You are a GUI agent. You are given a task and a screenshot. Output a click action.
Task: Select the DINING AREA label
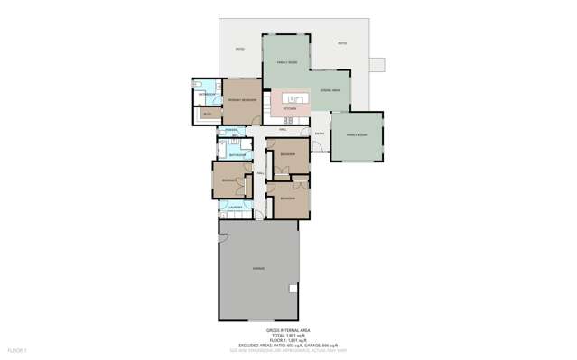coord(329,91)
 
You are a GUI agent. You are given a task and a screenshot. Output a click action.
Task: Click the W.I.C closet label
coord(207,114)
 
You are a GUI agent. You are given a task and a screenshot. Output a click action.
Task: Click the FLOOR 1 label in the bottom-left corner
coord(17,348)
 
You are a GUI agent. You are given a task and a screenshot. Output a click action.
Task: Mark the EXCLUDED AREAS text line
coord(288,344)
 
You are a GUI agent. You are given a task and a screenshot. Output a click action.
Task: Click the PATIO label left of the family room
coord(239,49)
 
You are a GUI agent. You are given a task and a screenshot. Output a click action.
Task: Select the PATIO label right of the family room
coord(342,43)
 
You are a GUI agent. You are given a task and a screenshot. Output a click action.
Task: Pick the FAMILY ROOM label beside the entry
coord(357,134)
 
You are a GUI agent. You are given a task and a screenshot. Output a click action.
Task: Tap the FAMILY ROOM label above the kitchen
coord(274,60)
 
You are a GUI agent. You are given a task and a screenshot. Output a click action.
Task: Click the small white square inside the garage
coord(292,290)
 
